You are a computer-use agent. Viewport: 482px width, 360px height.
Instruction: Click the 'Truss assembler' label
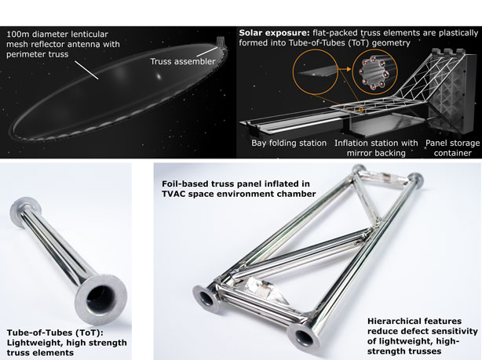click(183, 61)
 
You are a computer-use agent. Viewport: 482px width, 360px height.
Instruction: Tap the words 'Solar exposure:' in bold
click(275, 33)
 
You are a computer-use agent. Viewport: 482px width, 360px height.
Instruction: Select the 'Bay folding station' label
click(289, 144)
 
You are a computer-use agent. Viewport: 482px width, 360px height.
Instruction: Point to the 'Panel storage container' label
click(452, 147)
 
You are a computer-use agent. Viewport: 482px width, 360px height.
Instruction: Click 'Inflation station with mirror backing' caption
click(376, 147)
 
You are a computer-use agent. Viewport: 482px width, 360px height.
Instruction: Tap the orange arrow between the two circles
click(345, 70)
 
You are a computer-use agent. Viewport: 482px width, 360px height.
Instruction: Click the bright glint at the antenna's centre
click(159, 75)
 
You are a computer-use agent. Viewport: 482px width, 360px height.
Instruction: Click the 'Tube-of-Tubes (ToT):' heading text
click(55, 333)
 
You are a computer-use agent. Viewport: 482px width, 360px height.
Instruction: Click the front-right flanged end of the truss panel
click(304, 337)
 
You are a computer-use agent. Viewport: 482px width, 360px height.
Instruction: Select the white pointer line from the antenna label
click(86, 70)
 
